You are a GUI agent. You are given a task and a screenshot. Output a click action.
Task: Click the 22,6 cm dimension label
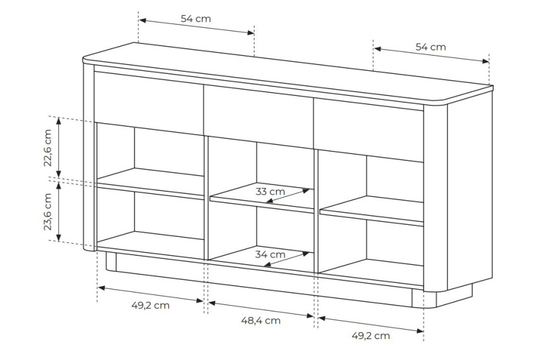(48, 148)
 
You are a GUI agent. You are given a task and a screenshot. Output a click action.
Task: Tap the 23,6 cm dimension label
(48, 212)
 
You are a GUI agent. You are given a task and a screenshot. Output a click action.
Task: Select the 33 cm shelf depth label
(270, 191)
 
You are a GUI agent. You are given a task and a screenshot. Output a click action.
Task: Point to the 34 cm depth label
(270, 255)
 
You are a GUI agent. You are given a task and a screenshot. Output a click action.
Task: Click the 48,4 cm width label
(261, 320)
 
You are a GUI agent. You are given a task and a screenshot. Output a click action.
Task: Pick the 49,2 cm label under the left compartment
(151, 305)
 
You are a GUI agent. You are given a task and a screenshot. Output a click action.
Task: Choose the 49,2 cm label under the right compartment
(371, 335)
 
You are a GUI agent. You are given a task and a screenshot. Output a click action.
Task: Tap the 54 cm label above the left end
(196, 19)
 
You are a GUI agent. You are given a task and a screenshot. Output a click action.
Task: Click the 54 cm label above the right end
(431, 47)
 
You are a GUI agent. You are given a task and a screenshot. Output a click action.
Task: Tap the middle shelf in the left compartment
(150, 183)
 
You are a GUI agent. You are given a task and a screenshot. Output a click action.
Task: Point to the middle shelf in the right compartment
(372, 211)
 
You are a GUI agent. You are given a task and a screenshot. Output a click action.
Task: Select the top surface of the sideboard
(287, 73)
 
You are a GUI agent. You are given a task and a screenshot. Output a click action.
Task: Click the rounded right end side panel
(458, 193)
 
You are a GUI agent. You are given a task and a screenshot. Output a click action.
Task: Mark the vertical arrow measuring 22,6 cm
(59, 148)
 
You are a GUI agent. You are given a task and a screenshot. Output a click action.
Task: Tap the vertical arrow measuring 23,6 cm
(59, 212)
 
